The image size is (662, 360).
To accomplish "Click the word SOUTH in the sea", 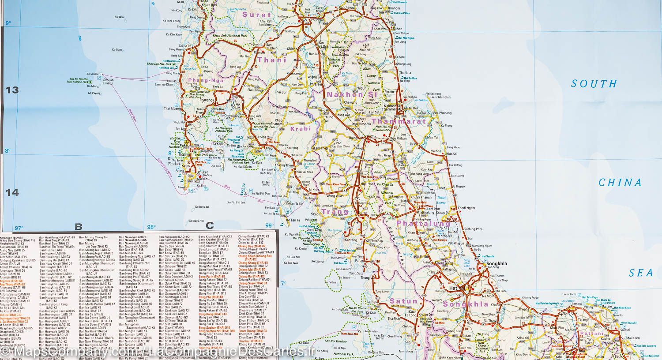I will pos(594,83).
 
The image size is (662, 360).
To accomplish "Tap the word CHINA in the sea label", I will pos(620,183).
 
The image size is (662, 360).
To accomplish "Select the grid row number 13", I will pos(12,90).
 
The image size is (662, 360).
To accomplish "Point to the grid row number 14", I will pos(12,192).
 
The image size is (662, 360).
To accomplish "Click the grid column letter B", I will pos(79,227).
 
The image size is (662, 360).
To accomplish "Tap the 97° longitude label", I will pos(19,228).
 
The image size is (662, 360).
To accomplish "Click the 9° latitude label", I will pos(8,23).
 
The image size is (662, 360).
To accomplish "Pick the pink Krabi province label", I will pos(301,129).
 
